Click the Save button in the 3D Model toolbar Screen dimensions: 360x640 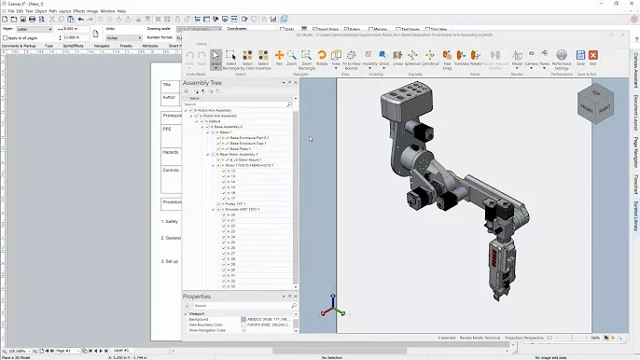tap(580, 58)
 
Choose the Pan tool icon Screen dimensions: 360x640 tap(278, 58)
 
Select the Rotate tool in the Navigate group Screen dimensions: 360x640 tap(322, 58)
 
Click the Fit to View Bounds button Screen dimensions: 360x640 tap(351, 58)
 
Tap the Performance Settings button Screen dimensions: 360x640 tap(562, 58)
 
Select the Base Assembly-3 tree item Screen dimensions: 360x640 tap(228, 127)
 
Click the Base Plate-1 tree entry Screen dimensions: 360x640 tap(233, 148)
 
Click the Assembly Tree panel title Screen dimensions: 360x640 tap(202, 83)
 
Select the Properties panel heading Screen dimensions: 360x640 tap(197, 297)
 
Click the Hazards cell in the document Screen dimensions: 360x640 tap(171, 151)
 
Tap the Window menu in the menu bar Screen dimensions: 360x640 tap(107, 11)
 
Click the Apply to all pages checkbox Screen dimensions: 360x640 tap(5, 37)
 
